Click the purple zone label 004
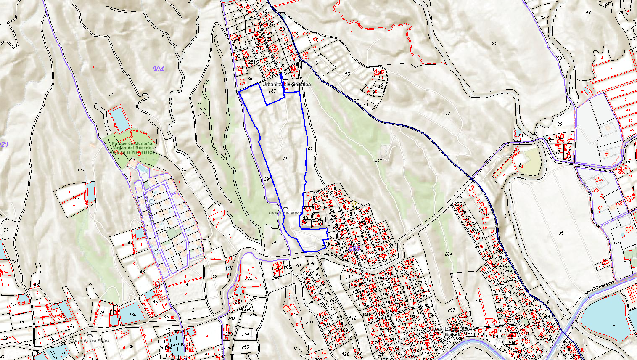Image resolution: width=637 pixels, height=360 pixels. click(x=158, y=69)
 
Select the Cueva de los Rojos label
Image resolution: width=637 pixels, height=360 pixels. click(x=90, y=340)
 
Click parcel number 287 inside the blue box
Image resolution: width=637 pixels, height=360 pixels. click(x=272, y=91)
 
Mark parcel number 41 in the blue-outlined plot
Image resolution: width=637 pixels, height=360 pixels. click(x=285, y=159)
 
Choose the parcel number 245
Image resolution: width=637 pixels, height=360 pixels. click(x=378, y=160)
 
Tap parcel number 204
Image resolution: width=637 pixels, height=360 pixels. click(x=448, y=254)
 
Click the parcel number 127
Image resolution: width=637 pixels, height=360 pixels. click(x=81, y=171)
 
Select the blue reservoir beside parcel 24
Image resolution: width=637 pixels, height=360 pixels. click(x=120, y=119)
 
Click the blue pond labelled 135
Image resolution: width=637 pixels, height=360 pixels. click(x=132, y=314)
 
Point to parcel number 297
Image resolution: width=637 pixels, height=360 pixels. click(x=451, y=310)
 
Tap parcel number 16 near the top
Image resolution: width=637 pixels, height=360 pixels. click(x=162, y=36)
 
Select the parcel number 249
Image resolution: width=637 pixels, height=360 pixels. click(x=248, y=278)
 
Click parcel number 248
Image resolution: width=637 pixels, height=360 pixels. click(x=294, y=315)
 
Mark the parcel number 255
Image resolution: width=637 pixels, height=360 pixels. click(x=246, y=347)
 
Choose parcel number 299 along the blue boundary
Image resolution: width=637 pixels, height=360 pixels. click(x=268, y=179)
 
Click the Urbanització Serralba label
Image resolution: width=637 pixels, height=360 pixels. click(x=286, y=84)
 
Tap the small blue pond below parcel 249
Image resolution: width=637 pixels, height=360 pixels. click(x=238, y=290)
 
